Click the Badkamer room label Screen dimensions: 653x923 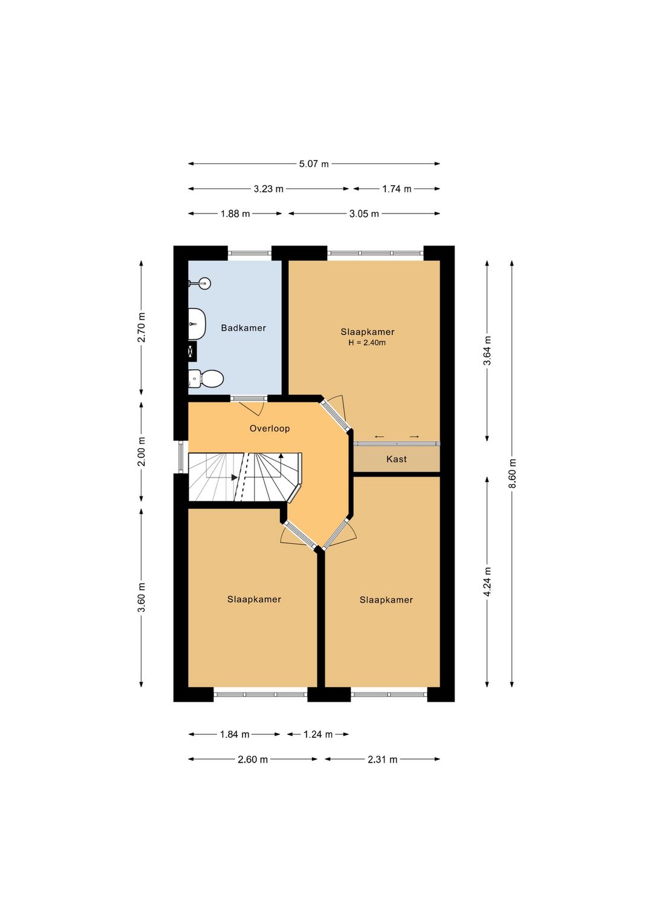(243, 328)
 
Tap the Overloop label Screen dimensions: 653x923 (270, 428)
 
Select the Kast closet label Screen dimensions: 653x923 (396, 459)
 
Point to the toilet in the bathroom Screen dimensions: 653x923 (206, 378)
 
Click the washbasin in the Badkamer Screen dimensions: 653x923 (197, 324)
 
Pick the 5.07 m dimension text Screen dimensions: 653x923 (314, 164)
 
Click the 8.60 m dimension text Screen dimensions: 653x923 (512, 474)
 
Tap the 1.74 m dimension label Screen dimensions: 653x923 (397, 189)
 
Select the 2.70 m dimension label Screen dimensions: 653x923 (141, 328)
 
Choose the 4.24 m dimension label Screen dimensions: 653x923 (487, 581)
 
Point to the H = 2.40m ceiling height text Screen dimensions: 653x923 (367, 342)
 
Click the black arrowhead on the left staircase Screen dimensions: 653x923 (235, 478)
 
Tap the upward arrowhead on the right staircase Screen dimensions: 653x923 (281, 455)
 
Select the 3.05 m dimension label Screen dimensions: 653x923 (364, 214)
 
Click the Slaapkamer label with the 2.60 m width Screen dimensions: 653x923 (254, 599)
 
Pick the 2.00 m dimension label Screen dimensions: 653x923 (141, 451)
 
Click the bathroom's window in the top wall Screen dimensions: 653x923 (250, 253)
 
